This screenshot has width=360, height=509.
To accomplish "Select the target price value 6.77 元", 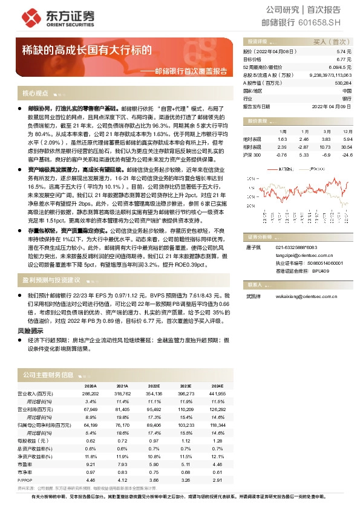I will [342, 60].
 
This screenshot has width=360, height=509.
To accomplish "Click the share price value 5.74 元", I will [343, 53].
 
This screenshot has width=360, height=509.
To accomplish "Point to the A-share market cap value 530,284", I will [342, 83].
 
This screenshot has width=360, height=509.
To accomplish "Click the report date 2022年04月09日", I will [333, 106].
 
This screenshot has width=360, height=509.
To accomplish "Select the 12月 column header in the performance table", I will [347, 131].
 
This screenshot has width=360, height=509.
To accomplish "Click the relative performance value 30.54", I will [346, 147].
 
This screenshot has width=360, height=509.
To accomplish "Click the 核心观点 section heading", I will [35, 94].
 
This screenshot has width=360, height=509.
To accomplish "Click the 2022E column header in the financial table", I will [154, 385].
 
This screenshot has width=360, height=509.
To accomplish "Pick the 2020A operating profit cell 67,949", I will [91, 409].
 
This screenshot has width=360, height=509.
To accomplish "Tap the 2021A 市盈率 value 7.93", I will [122, 464].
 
